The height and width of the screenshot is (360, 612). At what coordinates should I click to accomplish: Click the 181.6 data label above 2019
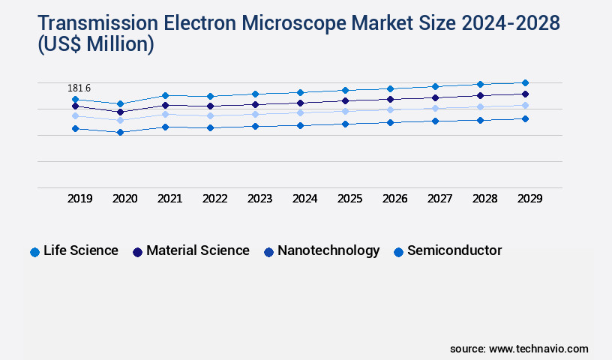(79, 88)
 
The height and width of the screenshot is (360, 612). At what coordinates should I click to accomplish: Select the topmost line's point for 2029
(525, 82)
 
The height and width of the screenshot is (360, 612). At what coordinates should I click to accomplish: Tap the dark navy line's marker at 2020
(120, 112)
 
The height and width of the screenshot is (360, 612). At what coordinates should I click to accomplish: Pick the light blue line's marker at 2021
(165, 114)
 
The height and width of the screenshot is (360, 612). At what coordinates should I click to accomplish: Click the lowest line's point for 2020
(120, 132)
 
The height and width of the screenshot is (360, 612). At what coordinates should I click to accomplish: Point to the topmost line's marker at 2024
(300, 92)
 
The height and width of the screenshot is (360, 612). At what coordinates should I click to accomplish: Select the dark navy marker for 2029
(525, 94)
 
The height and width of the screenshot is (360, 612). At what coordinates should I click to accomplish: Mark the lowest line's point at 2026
(390, 122)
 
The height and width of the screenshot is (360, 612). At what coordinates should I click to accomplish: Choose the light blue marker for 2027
(435, 108)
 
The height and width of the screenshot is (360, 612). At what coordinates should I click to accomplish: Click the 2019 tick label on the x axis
(80, 199)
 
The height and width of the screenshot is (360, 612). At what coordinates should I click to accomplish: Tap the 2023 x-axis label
(259, 199)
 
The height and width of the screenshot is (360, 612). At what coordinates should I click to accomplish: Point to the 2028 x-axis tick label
(484, 199)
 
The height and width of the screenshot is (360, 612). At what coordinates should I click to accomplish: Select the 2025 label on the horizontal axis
(349, 199)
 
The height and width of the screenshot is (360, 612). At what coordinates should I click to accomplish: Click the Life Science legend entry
(81, 250)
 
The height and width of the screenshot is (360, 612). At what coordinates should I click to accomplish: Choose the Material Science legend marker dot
(137, 252)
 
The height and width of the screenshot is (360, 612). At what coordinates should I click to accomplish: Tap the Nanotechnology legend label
(328, 250)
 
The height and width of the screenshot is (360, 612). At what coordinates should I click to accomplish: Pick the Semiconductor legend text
(454, 250)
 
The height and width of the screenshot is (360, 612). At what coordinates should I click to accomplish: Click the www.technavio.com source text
(538, 349)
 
